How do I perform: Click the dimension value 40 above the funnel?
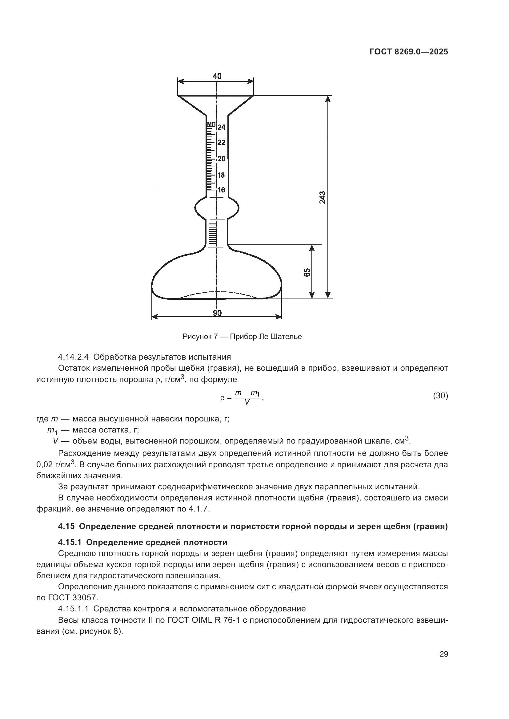217,76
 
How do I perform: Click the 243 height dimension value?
323,197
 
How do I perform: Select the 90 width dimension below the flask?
217,313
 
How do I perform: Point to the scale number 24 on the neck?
221,127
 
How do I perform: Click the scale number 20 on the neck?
221,159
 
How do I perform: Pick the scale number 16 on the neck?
221,190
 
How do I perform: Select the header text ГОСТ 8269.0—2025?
409,52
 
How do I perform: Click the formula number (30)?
440,396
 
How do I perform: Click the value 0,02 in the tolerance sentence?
45,464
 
